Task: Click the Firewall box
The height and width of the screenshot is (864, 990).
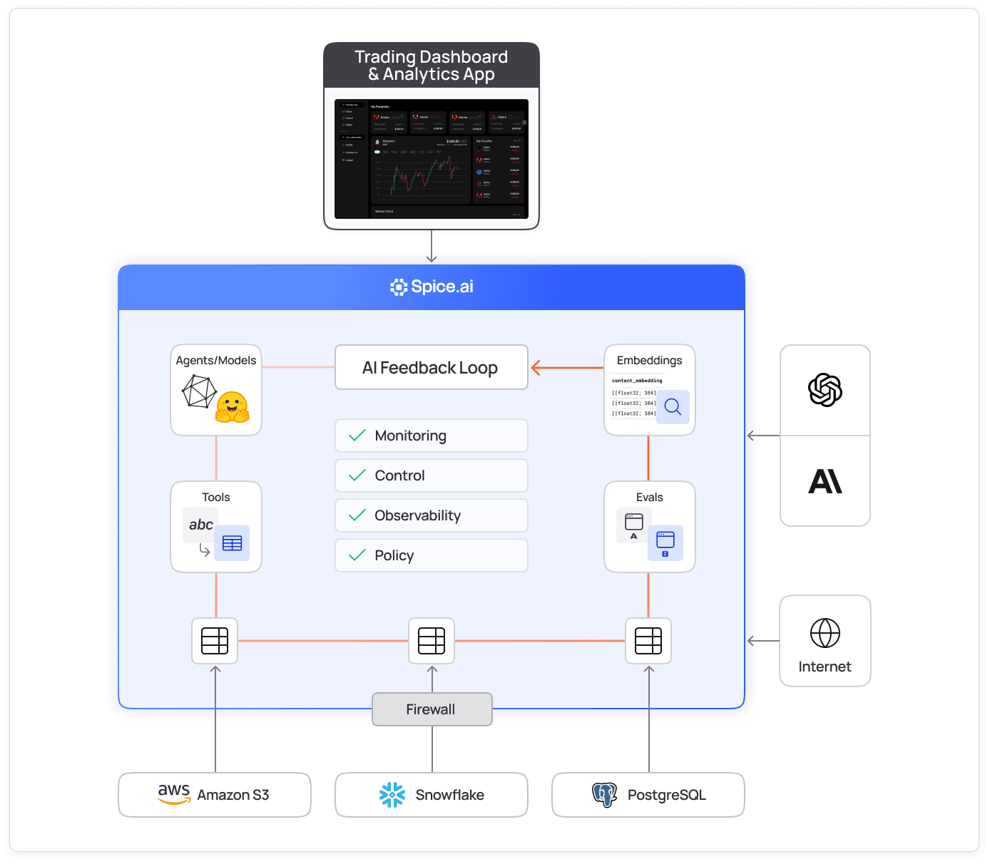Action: pyautogui.click(x=432, y=709)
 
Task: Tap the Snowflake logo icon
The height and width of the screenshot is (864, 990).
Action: pyautogui.click(x=392, y=795)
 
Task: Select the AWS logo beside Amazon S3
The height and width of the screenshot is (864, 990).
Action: pyautogui.click(x=174, y=793)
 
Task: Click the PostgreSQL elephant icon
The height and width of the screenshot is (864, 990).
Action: pyautogui.click(x=604, y=795)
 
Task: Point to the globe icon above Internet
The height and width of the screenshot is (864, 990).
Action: pyautogui.click(x=825, y=633)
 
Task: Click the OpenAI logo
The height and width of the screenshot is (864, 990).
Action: pyautogui.click(x=825, y=390)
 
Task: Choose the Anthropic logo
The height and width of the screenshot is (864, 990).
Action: pyautogui.click(x=825, y=481)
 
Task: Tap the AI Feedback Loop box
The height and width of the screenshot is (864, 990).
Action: pyautogui.click(x=431, y=368)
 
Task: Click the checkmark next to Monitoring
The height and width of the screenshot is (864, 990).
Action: pyautogui.click(x=357, y=436)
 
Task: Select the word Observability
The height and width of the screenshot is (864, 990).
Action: pyautogui.click(x=417, y=515)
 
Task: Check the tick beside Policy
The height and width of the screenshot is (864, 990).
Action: pyautogui.click(x=357, y=555)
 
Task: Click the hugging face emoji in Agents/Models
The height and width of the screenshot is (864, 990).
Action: pyautogui.click(x=232, y=407)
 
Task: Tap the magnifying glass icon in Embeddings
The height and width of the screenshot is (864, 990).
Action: pyautogui.click(x=673, y=407)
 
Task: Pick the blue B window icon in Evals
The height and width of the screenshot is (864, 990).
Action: pyautogui.click(x=665, y=542)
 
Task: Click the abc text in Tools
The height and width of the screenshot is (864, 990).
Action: pyautogui.click(x=201, y=525)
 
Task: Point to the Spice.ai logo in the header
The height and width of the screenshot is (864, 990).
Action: pyautogui.click(x=399, y=287)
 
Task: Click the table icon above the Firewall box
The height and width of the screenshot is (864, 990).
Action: pyautogui.click(x=432, y=641)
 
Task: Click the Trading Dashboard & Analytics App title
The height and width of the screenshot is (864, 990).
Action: pyautogui.click(x=431, y=66)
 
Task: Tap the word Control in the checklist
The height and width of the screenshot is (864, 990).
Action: pyautogui.click(x=399, y=475)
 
